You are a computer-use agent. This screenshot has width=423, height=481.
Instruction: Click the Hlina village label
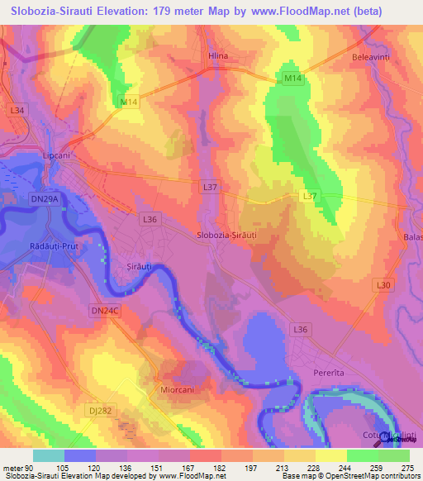coord(216,56)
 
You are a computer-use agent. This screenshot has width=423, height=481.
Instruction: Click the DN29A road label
coord(45,199)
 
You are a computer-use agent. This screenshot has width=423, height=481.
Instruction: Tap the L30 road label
coord(383,285)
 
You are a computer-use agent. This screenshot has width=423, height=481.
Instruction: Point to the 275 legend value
coord(405,467)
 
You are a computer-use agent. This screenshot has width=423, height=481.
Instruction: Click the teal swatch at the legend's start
coord(49,455)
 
